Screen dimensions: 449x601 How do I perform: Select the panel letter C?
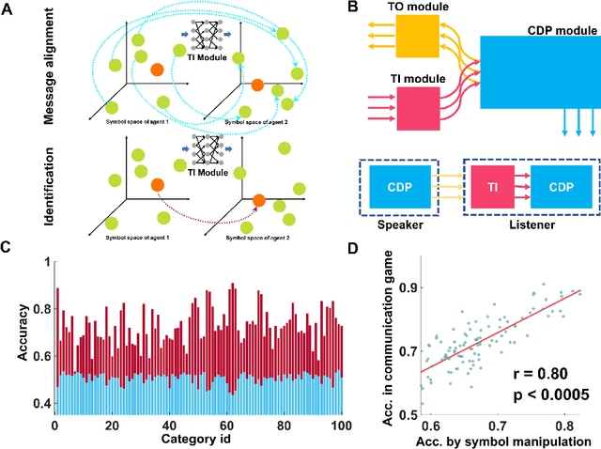(8, 248)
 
